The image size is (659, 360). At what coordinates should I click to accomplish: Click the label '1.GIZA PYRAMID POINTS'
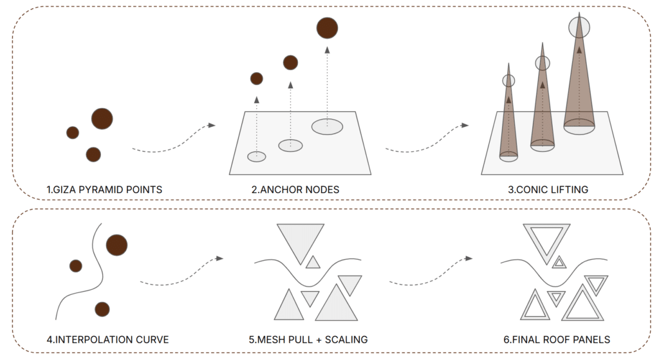coord(104,190)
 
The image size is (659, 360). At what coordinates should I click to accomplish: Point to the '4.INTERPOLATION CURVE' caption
coord(107,339)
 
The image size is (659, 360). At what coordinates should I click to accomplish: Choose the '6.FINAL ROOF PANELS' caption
coord(554,339)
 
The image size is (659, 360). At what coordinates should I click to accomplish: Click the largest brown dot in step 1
coord(102,118)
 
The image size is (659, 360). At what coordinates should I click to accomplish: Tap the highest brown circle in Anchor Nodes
coord(327,28)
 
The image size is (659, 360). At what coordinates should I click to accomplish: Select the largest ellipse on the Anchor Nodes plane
coord(327,126)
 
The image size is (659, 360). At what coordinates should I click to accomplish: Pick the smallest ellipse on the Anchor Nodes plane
coord(257,156)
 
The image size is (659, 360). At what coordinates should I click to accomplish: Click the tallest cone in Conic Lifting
coord(579,77)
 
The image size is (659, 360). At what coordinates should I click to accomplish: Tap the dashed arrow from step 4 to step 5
coord(181,273)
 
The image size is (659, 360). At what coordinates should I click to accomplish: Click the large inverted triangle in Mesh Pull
coord(301,240)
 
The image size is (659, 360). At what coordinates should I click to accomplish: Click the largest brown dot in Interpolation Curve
coord(116,245)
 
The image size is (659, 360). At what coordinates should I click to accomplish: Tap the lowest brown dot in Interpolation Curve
coord(102,308)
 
